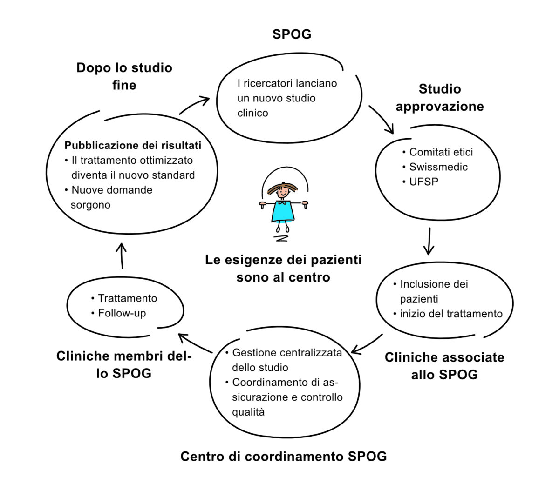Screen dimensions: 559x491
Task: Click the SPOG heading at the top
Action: (292, 34)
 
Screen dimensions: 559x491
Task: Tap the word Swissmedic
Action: (438, 167)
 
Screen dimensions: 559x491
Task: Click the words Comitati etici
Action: (441, 152)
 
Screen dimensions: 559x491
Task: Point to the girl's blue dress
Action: (282, 211)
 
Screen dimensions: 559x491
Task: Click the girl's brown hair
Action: (282, 188)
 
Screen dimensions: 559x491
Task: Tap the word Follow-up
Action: (122, 314)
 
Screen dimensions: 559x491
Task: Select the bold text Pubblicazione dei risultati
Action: (133, 145)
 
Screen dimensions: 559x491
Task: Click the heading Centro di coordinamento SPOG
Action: (283, 456)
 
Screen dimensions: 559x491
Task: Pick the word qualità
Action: (248, 412)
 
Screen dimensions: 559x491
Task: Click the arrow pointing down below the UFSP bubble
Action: (429, 241)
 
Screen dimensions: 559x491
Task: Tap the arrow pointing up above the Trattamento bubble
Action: (122, 256)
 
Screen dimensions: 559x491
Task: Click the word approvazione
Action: (440, 107)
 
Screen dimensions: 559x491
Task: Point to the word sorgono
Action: (90, 205)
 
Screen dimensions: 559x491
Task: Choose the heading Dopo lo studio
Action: (124, 68)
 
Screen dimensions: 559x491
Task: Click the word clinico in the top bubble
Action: (252, 113)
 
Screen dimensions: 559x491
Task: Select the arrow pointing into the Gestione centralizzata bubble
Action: (366, 345)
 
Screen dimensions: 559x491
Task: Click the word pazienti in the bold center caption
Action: (336, 260)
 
